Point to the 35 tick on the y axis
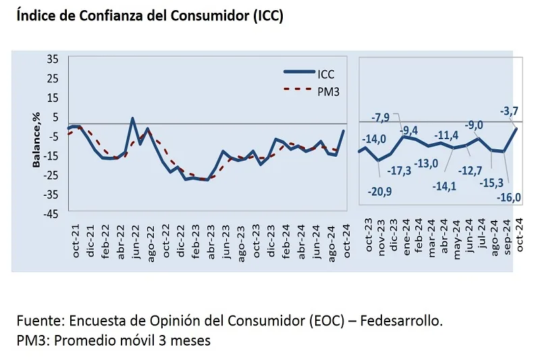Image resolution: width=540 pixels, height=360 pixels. click(52, 59)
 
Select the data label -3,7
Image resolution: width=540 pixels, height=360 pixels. click(508, 111)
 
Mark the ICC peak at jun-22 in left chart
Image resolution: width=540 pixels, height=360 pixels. click(132, 119)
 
